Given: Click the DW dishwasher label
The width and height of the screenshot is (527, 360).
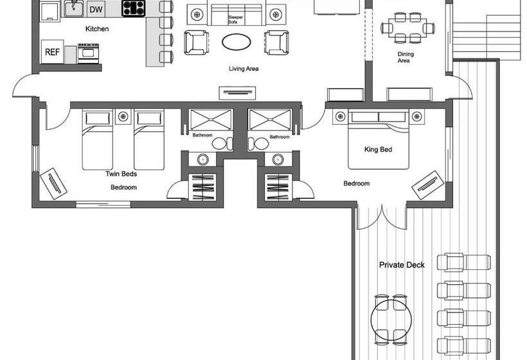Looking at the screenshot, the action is coord(96,10).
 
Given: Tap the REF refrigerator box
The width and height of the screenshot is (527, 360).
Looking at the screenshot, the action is coord(52,52).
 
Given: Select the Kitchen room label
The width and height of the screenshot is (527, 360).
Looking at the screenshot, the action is coord(97,29).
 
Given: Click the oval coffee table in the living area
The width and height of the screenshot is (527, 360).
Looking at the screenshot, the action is coord(237,42).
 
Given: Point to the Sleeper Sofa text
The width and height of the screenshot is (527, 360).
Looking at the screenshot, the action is coord(236,19).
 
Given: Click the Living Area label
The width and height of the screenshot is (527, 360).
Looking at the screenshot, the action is coord(244,69).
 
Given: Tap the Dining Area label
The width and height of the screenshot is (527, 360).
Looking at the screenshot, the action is coord(406,57).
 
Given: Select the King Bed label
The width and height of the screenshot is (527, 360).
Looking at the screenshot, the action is coord(378,149).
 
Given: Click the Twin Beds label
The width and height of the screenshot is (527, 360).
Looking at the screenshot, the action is coord(121,174).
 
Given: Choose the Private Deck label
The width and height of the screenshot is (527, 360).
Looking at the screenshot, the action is coord(402,265).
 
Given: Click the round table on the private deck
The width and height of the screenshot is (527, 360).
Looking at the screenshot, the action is coord(391,319).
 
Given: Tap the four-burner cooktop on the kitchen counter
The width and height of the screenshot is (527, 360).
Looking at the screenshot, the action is coord(134,8).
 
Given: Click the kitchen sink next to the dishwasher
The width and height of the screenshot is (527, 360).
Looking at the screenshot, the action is coord(74,8).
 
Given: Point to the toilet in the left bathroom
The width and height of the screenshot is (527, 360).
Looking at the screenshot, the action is coord(222,143).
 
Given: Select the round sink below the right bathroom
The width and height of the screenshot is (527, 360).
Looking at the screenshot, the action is coord(278,159).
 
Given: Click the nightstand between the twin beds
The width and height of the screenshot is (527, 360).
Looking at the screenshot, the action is coord(123,116).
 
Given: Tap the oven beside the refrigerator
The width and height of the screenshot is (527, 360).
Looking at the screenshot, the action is coord(89,53).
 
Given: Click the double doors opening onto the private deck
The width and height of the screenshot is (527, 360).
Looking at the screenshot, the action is coord(382,217).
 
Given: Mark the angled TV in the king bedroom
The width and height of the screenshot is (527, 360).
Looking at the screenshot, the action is coord(428,185).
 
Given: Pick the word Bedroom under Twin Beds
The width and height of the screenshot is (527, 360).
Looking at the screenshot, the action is coord(123,187).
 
